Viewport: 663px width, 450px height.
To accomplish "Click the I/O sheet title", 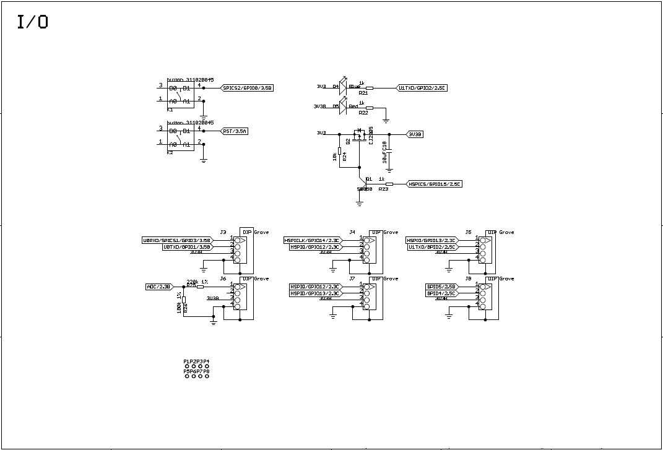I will point(33,23).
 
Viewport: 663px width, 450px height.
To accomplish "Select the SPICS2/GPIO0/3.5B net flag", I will point(247,88).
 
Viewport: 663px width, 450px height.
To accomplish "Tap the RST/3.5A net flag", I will point(234,131).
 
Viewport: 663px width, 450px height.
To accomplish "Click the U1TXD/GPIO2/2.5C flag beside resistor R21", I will point(422,88).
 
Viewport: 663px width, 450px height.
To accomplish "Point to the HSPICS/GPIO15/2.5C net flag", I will point(434,184).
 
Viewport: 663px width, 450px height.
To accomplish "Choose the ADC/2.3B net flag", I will point(158,287).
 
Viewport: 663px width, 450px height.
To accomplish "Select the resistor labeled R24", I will point(339,151).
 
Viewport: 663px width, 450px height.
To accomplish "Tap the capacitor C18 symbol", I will point(389,149).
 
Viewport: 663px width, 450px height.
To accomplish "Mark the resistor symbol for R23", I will point(389,184).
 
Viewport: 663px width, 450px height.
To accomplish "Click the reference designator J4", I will point(352,232).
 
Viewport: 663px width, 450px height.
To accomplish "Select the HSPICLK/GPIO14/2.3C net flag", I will point(311,240).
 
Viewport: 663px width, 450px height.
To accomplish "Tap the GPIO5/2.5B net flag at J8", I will point(441,287).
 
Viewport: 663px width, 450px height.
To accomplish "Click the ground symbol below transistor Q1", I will point(360,202).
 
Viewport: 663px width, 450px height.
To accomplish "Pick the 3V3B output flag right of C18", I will point(414,134).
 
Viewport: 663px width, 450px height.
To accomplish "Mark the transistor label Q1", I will point(368,178).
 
